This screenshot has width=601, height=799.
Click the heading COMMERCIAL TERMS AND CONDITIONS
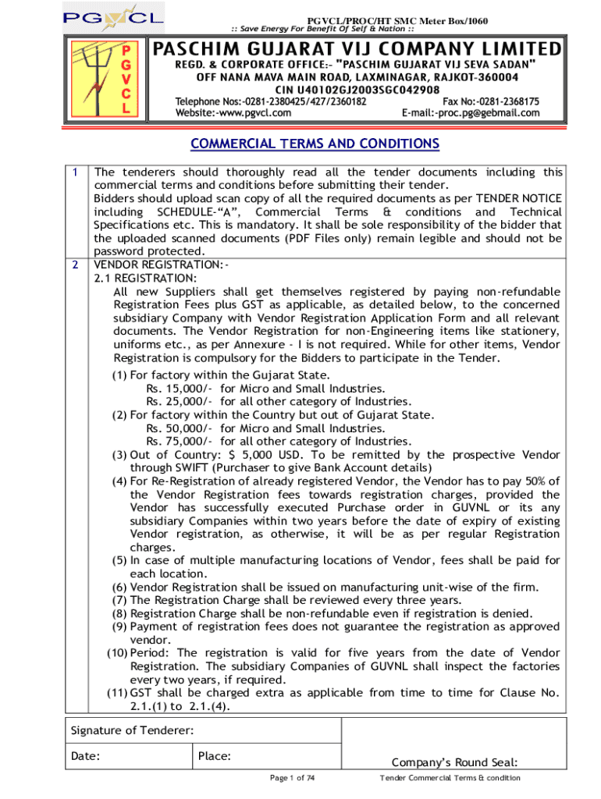click(316, 144)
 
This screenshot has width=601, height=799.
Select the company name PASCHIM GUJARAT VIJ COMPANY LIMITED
click(357, 49)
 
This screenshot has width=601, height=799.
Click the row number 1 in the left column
click(74, 172)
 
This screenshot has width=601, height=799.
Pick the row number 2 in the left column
click(74, 265)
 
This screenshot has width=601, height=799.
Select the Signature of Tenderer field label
click(133, 730)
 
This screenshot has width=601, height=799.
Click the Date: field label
click(85, 755)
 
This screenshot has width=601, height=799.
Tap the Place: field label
click(215, 755)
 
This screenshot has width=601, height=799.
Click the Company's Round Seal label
click(455, 762)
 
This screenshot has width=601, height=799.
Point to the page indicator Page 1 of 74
click(292, 778)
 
